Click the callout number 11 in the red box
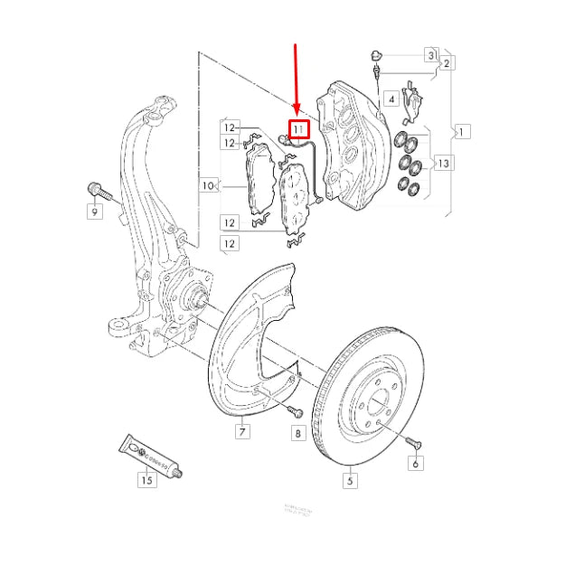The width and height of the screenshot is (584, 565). point(298,130)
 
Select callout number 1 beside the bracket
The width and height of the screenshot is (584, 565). point(462,132)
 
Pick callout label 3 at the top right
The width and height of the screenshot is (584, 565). point(432,54)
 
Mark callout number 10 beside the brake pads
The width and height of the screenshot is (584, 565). point(207,186)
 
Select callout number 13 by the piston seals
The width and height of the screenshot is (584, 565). point(442,163)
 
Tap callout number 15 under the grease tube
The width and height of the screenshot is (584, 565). point(146,479)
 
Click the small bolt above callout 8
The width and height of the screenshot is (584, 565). point(293,410)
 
